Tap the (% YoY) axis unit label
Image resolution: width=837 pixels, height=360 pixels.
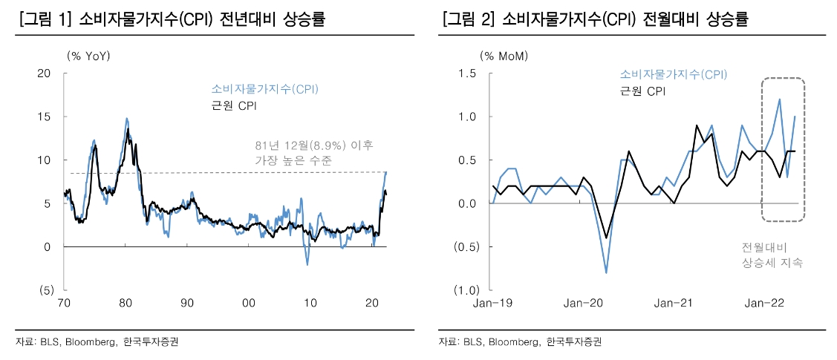(x=88, y=56)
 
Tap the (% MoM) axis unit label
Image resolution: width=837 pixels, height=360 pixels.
(x=503, y=56)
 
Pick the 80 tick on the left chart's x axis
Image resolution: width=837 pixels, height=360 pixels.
(x=126, y=303)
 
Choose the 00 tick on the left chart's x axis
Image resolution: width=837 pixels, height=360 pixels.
(x=249, y=303)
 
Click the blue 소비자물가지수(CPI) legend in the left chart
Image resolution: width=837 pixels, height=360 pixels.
(x=264, y=89)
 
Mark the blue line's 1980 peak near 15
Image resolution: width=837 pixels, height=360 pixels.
(x=127, y=119)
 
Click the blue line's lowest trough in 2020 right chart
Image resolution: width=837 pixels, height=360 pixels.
(x=606, y=272)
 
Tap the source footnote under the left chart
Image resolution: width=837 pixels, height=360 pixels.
(x=97, y=342)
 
